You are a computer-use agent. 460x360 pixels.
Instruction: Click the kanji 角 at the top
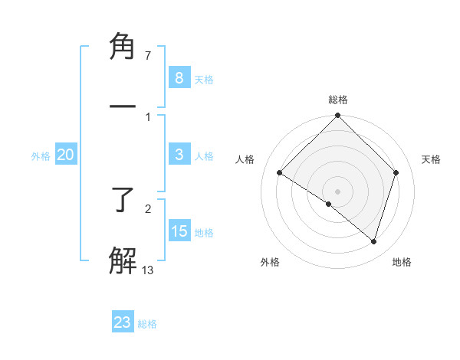tap(123, 47)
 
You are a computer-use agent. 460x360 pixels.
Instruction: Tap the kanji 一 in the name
tap(123, 107)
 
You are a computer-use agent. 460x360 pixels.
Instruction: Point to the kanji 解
tap(123, 260)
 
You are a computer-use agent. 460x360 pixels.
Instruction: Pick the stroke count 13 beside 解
tap(147, 269)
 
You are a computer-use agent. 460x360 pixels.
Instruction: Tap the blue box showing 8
tap(179, 77)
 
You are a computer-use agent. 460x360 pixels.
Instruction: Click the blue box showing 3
tap(179, 155)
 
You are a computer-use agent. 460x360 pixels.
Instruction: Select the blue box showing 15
tap(179, 231)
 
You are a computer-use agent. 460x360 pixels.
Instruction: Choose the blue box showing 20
tap(66, 155)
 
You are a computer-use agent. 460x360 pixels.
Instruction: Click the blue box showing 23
tap(123, 322)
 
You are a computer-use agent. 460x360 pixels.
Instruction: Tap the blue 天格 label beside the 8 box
tap(204, 79)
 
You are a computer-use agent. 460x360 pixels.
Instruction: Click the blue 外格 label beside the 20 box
tap(41, 156)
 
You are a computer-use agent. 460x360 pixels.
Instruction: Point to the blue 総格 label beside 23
tap(147, 324)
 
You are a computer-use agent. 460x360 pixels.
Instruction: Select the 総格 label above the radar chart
tap(338, 100)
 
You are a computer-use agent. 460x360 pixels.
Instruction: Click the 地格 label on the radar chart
tap(402, 262)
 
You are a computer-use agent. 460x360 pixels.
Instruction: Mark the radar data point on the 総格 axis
tap(338, 116)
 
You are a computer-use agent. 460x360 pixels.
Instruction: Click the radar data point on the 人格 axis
tap(280, 173)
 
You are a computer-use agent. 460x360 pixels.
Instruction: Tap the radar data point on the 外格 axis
tap(329, 205)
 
